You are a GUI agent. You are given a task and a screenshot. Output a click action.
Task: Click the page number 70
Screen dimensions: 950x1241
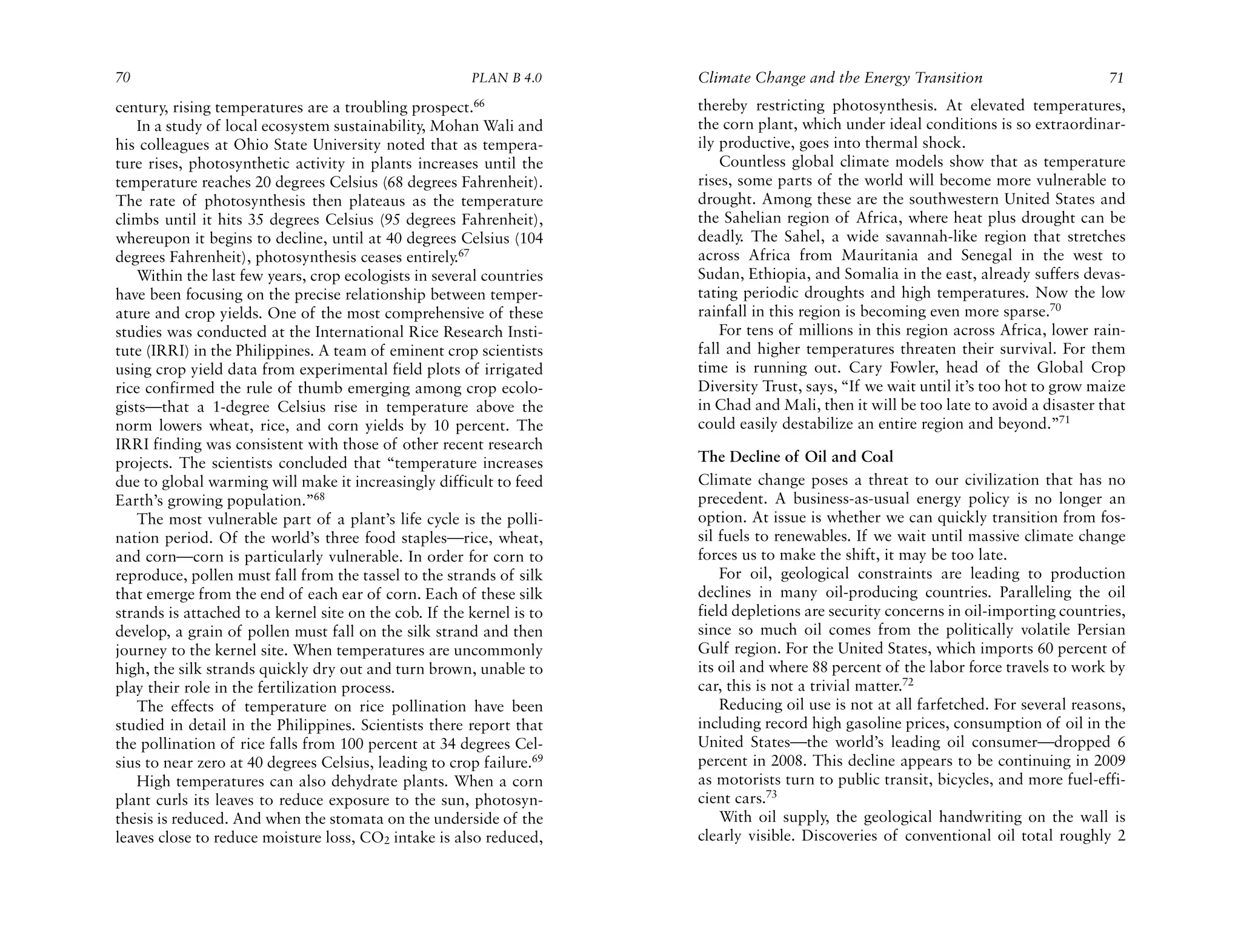(123, 78)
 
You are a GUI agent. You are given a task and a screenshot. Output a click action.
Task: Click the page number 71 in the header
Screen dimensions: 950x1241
(1116, 78)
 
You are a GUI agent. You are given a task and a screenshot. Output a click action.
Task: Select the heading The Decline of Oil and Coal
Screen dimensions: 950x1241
(795, 457)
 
